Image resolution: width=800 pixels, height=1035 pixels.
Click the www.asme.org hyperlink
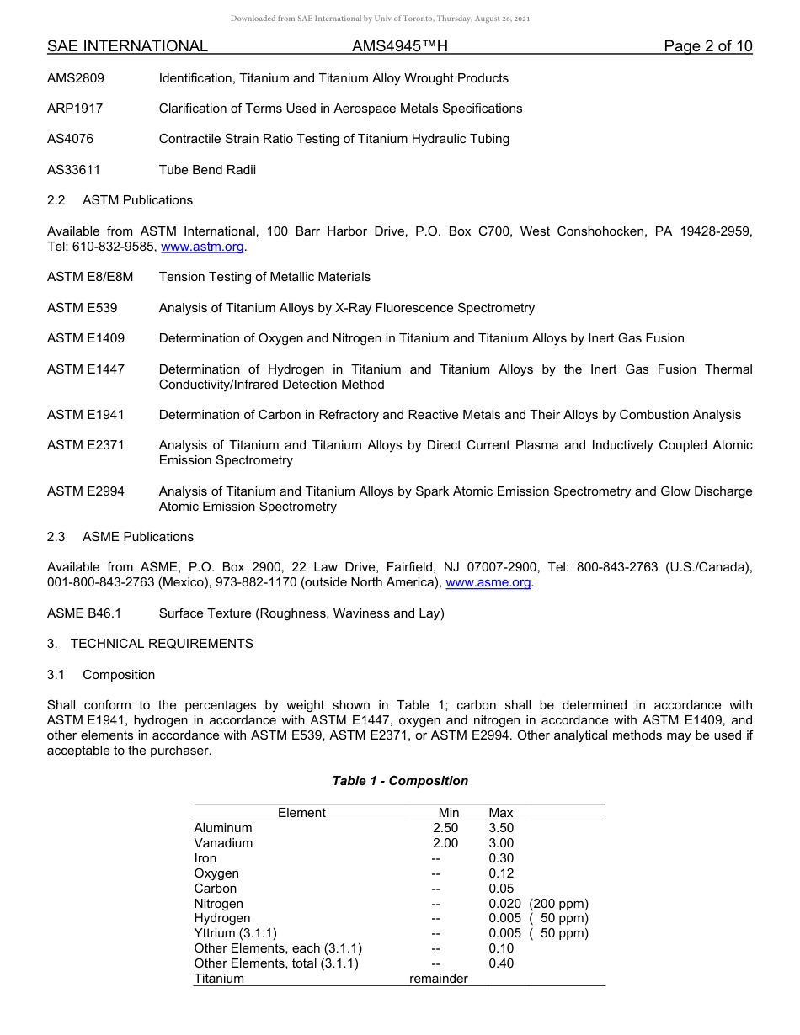(488, 583)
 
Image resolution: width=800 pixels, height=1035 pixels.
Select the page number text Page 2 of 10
(707, 46)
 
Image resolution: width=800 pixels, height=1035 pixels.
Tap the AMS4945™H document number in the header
(399, 46)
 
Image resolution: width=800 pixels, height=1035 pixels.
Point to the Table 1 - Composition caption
(400, 781)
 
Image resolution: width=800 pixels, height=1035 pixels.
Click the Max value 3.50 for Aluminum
(501, 828)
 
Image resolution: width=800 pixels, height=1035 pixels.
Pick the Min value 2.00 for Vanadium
(445, 843)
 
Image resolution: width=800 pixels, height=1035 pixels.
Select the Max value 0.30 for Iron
(501, 858)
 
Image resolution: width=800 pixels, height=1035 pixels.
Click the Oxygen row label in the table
(216, 873)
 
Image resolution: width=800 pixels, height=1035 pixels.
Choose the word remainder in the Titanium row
(438, 979)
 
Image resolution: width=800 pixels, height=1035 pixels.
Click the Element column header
(301, 813)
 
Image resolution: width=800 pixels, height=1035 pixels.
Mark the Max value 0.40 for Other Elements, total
(501, 963)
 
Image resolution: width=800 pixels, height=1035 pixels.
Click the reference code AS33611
(74, 170)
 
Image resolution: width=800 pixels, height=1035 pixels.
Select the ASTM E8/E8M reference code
(90, 277)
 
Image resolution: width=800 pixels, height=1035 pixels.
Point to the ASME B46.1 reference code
(84, 613)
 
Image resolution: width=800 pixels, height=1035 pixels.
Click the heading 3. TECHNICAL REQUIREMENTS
(150, 644)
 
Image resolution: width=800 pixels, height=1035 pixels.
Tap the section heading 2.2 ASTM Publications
(120, 200)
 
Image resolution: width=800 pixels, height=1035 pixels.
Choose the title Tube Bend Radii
(207, 170)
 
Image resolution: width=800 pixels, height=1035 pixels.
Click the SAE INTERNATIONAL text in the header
(127, 46)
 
